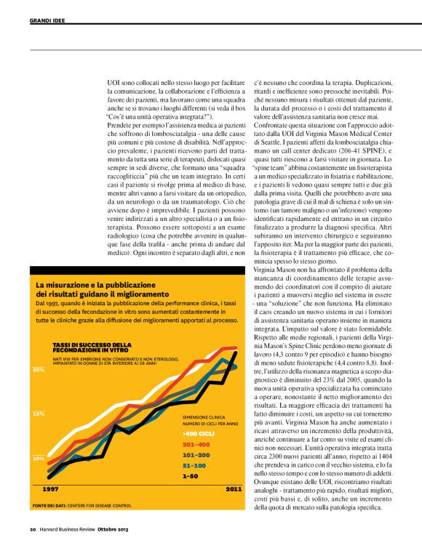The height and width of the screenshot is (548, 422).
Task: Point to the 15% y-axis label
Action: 39,414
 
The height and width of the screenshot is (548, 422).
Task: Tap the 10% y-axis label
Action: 39,459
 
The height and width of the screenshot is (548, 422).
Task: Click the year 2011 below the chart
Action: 234,490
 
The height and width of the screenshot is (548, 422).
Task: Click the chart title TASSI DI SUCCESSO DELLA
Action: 92,344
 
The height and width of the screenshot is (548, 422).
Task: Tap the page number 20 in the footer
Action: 33,528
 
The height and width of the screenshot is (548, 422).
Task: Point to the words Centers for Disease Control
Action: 104,504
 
